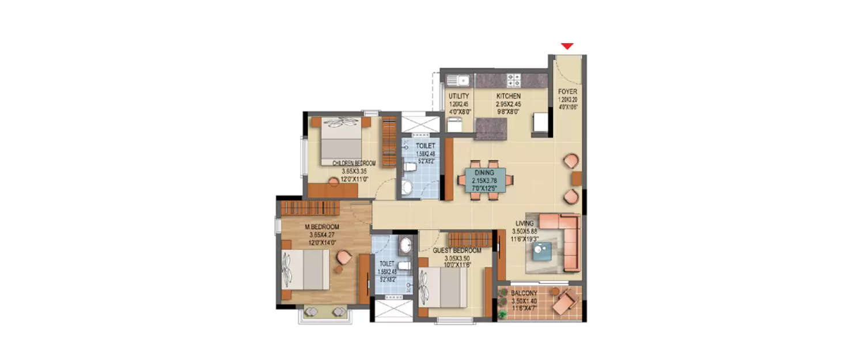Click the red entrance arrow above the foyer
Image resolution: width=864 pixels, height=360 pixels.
point(568,46)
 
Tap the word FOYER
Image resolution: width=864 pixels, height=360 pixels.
point(567,92)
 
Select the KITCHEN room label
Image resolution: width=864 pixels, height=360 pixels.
point(509,96)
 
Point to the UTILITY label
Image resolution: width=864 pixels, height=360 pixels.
point(459,96)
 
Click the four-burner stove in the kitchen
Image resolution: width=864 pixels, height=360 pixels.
point(514,80)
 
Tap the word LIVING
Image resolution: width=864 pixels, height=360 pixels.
point(525,223)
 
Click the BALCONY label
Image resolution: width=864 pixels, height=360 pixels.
point(524,293)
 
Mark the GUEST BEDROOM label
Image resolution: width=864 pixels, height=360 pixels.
point(457,251)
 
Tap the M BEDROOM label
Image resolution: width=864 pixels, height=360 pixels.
point(322,226)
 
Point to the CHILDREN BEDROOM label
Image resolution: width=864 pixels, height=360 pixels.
point(354,164)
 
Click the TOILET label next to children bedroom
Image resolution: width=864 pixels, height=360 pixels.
point(426,146)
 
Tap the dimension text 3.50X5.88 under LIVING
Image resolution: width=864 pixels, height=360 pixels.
point(525,232)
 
